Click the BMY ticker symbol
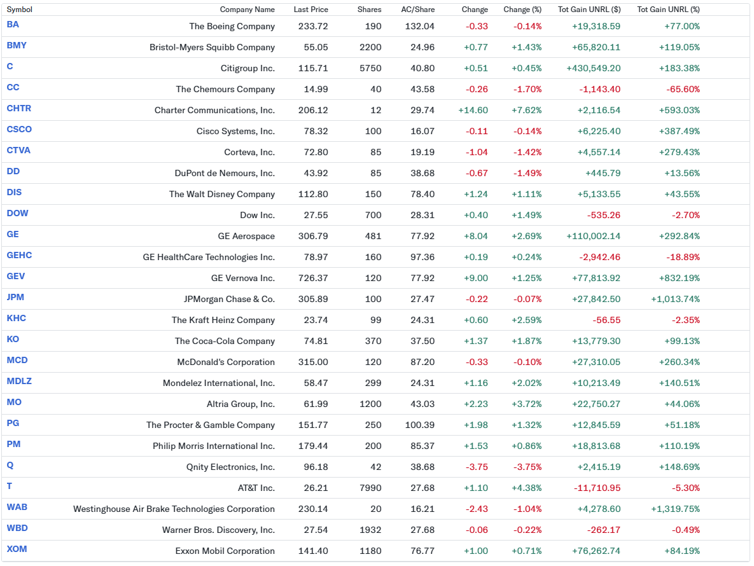[17, 46]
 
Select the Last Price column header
[311, 10]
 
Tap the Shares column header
[369, 10]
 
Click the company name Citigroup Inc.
[248, 68]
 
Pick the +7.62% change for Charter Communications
[526, 110]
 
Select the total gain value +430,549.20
[589, 68]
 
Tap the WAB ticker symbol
[17, 507]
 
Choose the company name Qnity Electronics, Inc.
[230, 467]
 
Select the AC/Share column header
[417, 10]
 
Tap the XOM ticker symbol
[17, 549]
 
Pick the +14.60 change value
[473, 110]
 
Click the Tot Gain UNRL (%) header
[668, 10]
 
